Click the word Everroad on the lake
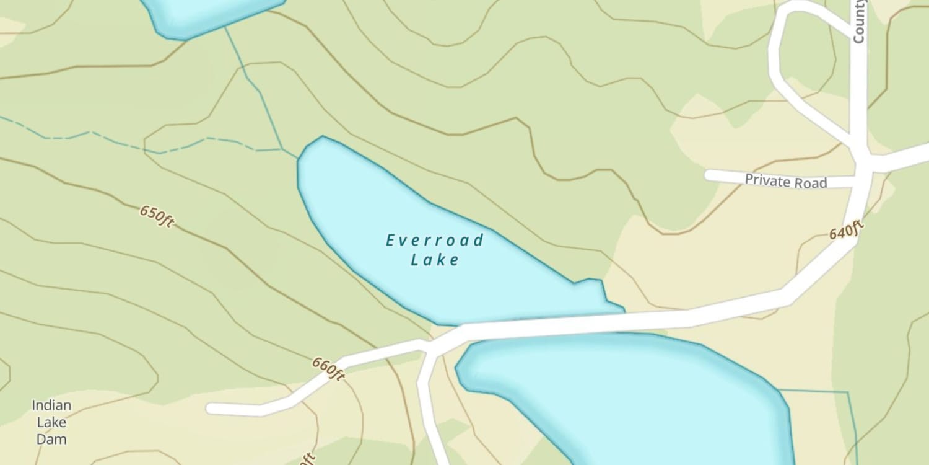click(435, 240)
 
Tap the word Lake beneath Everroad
click(435, 259)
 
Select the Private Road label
click(785, 182)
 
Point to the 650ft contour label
click(156, 216)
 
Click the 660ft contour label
click(328, 369)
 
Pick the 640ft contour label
click(846, 231)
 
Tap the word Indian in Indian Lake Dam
click(51, 405)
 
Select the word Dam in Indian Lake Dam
click(51, 439)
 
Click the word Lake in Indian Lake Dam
click(51, 422)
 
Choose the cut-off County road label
click(858, 22)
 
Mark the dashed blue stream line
click(124, 141)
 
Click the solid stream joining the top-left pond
click(254, 87)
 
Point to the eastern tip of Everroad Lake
click(622, 308)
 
